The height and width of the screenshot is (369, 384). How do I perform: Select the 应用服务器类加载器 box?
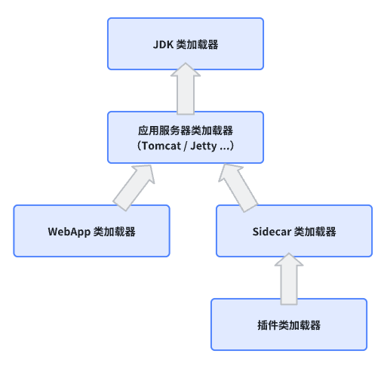[185, 137]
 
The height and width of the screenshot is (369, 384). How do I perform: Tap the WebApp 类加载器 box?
[92, 231]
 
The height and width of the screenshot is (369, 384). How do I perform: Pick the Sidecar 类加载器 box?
[294, 231]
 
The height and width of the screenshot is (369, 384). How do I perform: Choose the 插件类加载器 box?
[289, 324]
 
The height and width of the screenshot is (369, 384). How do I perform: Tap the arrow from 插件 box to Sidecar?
[289, 278]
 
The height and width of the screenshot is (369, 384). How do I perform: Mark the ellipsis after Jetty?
[224, 146]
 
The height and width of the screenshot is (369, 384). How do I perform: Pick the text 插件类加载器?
[289, 325]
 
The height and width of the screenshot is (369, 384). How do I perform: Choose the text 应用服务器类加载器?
[185, 129]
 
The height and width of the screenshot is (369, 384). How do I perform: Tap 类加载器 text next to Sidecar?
[315, 232]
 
